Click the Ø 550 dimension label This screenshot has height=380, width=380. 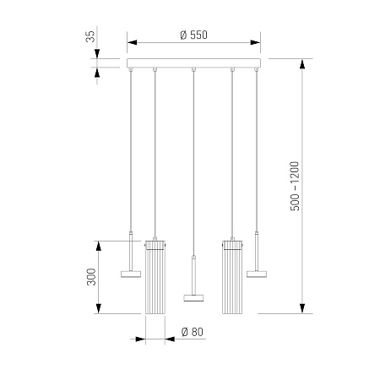click(193, 35)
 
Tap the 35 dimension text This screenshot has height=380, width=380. click(90, 36)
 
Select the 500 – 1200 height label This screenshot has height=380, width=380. click(295, 186)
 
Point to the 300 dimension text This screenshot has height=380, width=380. click(91, 277)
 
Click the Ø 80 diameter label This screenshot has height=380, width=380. click(193, 332)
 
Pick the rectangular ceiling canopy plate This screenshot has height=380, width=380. click(193, 63)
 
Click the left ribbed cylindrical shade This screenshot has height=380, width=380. click(155, 277)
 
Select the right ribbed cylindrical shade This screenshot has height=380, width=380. click(232, 277)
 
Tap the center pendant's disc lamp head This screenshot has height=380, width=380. click(193, 298)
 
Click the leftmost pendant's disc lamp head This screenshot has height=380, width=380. click(131, 274)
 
